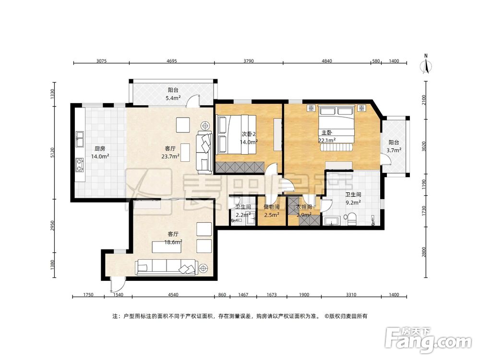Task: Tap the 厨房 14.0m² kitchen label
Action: point(100,153)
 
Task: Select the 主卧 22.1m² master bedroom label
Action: point(327,136)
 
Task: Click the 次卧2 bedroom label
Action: point(249,134)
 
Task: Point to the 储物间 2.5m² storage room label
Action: point(272,211)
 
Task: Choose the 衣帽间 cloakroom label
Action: point(304,207)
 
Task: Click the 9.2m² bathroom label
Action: point(353,202)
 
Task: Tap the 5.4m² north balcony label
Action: point(173,98)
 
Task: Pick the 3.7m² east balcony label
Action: point(394,150)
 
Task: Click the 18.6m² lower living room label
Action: point(175,242)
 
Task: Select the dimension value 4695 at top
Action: point(172,61)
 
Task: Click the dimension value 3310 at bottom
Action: point(351,295)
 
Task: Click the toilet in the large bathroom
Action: point(351,218)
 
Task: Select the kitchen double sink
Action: point(80,139)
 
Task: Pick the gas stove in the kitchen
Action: point(80,165)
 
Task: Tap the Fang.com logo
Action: point(428,339)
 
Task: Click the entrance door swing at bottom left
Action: point(118,284)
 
